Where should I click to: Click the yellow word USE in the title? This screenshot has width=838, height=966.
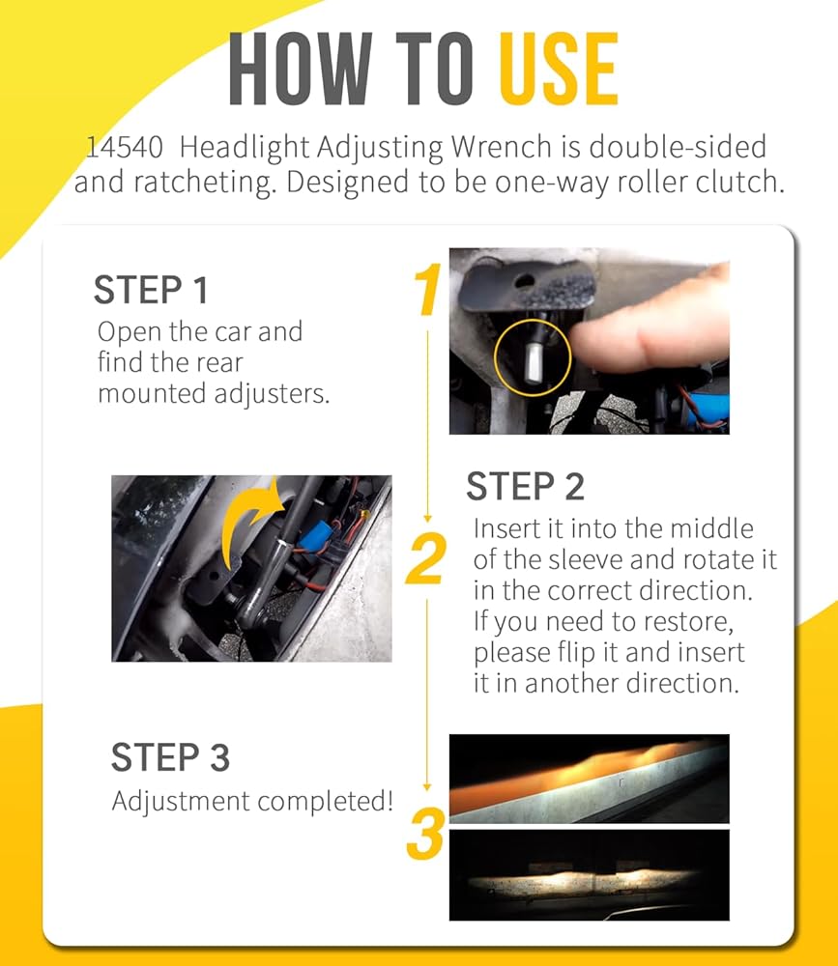click(558, 69)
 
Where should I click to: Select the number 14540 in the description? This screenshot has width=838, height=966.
click(124, 148)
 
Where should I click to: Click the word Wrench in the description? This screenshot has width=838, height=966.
click(502, 147)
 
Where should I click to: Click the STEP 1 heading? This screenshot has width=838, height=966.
click(151, 290)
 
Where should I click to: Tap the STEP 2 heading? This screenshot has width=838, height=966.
click(525, 487)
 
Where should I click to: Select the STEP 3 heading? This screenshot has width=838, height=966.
click(170, 757)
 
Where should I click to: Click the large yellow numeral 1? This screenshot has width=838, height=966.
click(428, 289)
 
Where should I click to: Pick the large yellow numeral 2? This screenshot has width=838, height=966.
click(426, 558)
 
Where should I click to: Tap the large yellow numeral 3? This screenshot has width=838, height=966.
click(425, 833)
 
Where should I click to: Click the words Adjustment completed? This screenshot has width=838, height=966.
click(252, 802)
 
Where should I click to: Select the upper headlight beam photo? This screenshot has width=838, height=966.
click(589, 779)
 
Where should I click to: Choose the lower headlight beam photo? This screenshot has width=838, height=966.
click(589, 875)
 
